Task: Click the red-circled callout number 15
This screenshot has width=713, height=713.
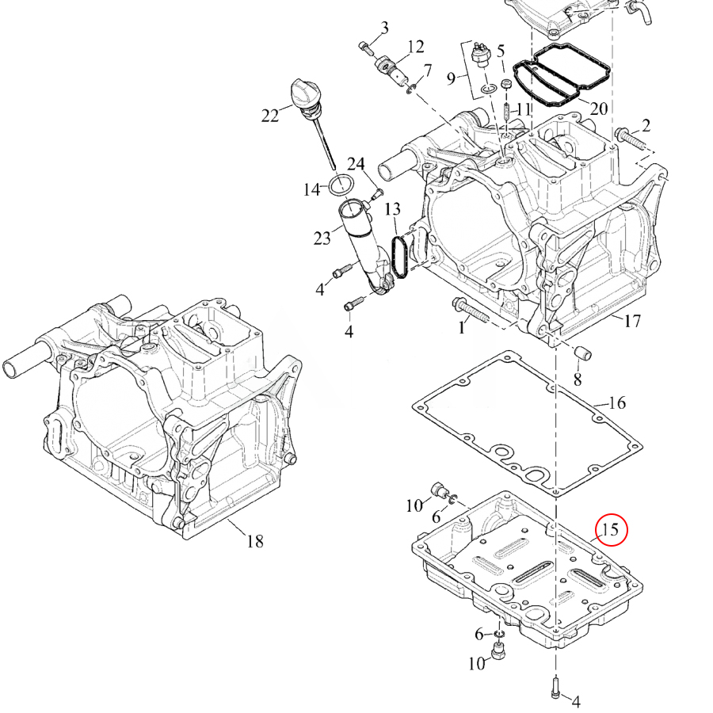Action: [610, 530]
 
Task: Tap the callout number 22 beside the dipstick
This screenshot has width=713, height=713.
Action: [269, 116]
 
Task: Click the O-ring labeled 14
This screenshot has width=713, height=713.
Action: [342, 185]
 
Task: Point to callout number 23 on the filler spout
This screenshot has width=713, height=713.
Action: [322, 238]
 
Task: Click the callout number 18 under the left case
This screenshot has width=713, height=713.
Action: [255, 541]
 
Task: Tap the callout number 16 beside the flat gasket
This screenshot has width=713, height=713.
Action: [616, 403]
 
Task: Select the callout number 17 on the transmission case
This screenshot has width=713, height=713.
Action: [632, 321]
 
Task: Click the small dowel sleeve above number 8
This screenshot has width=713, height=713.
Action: [583, 353]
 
